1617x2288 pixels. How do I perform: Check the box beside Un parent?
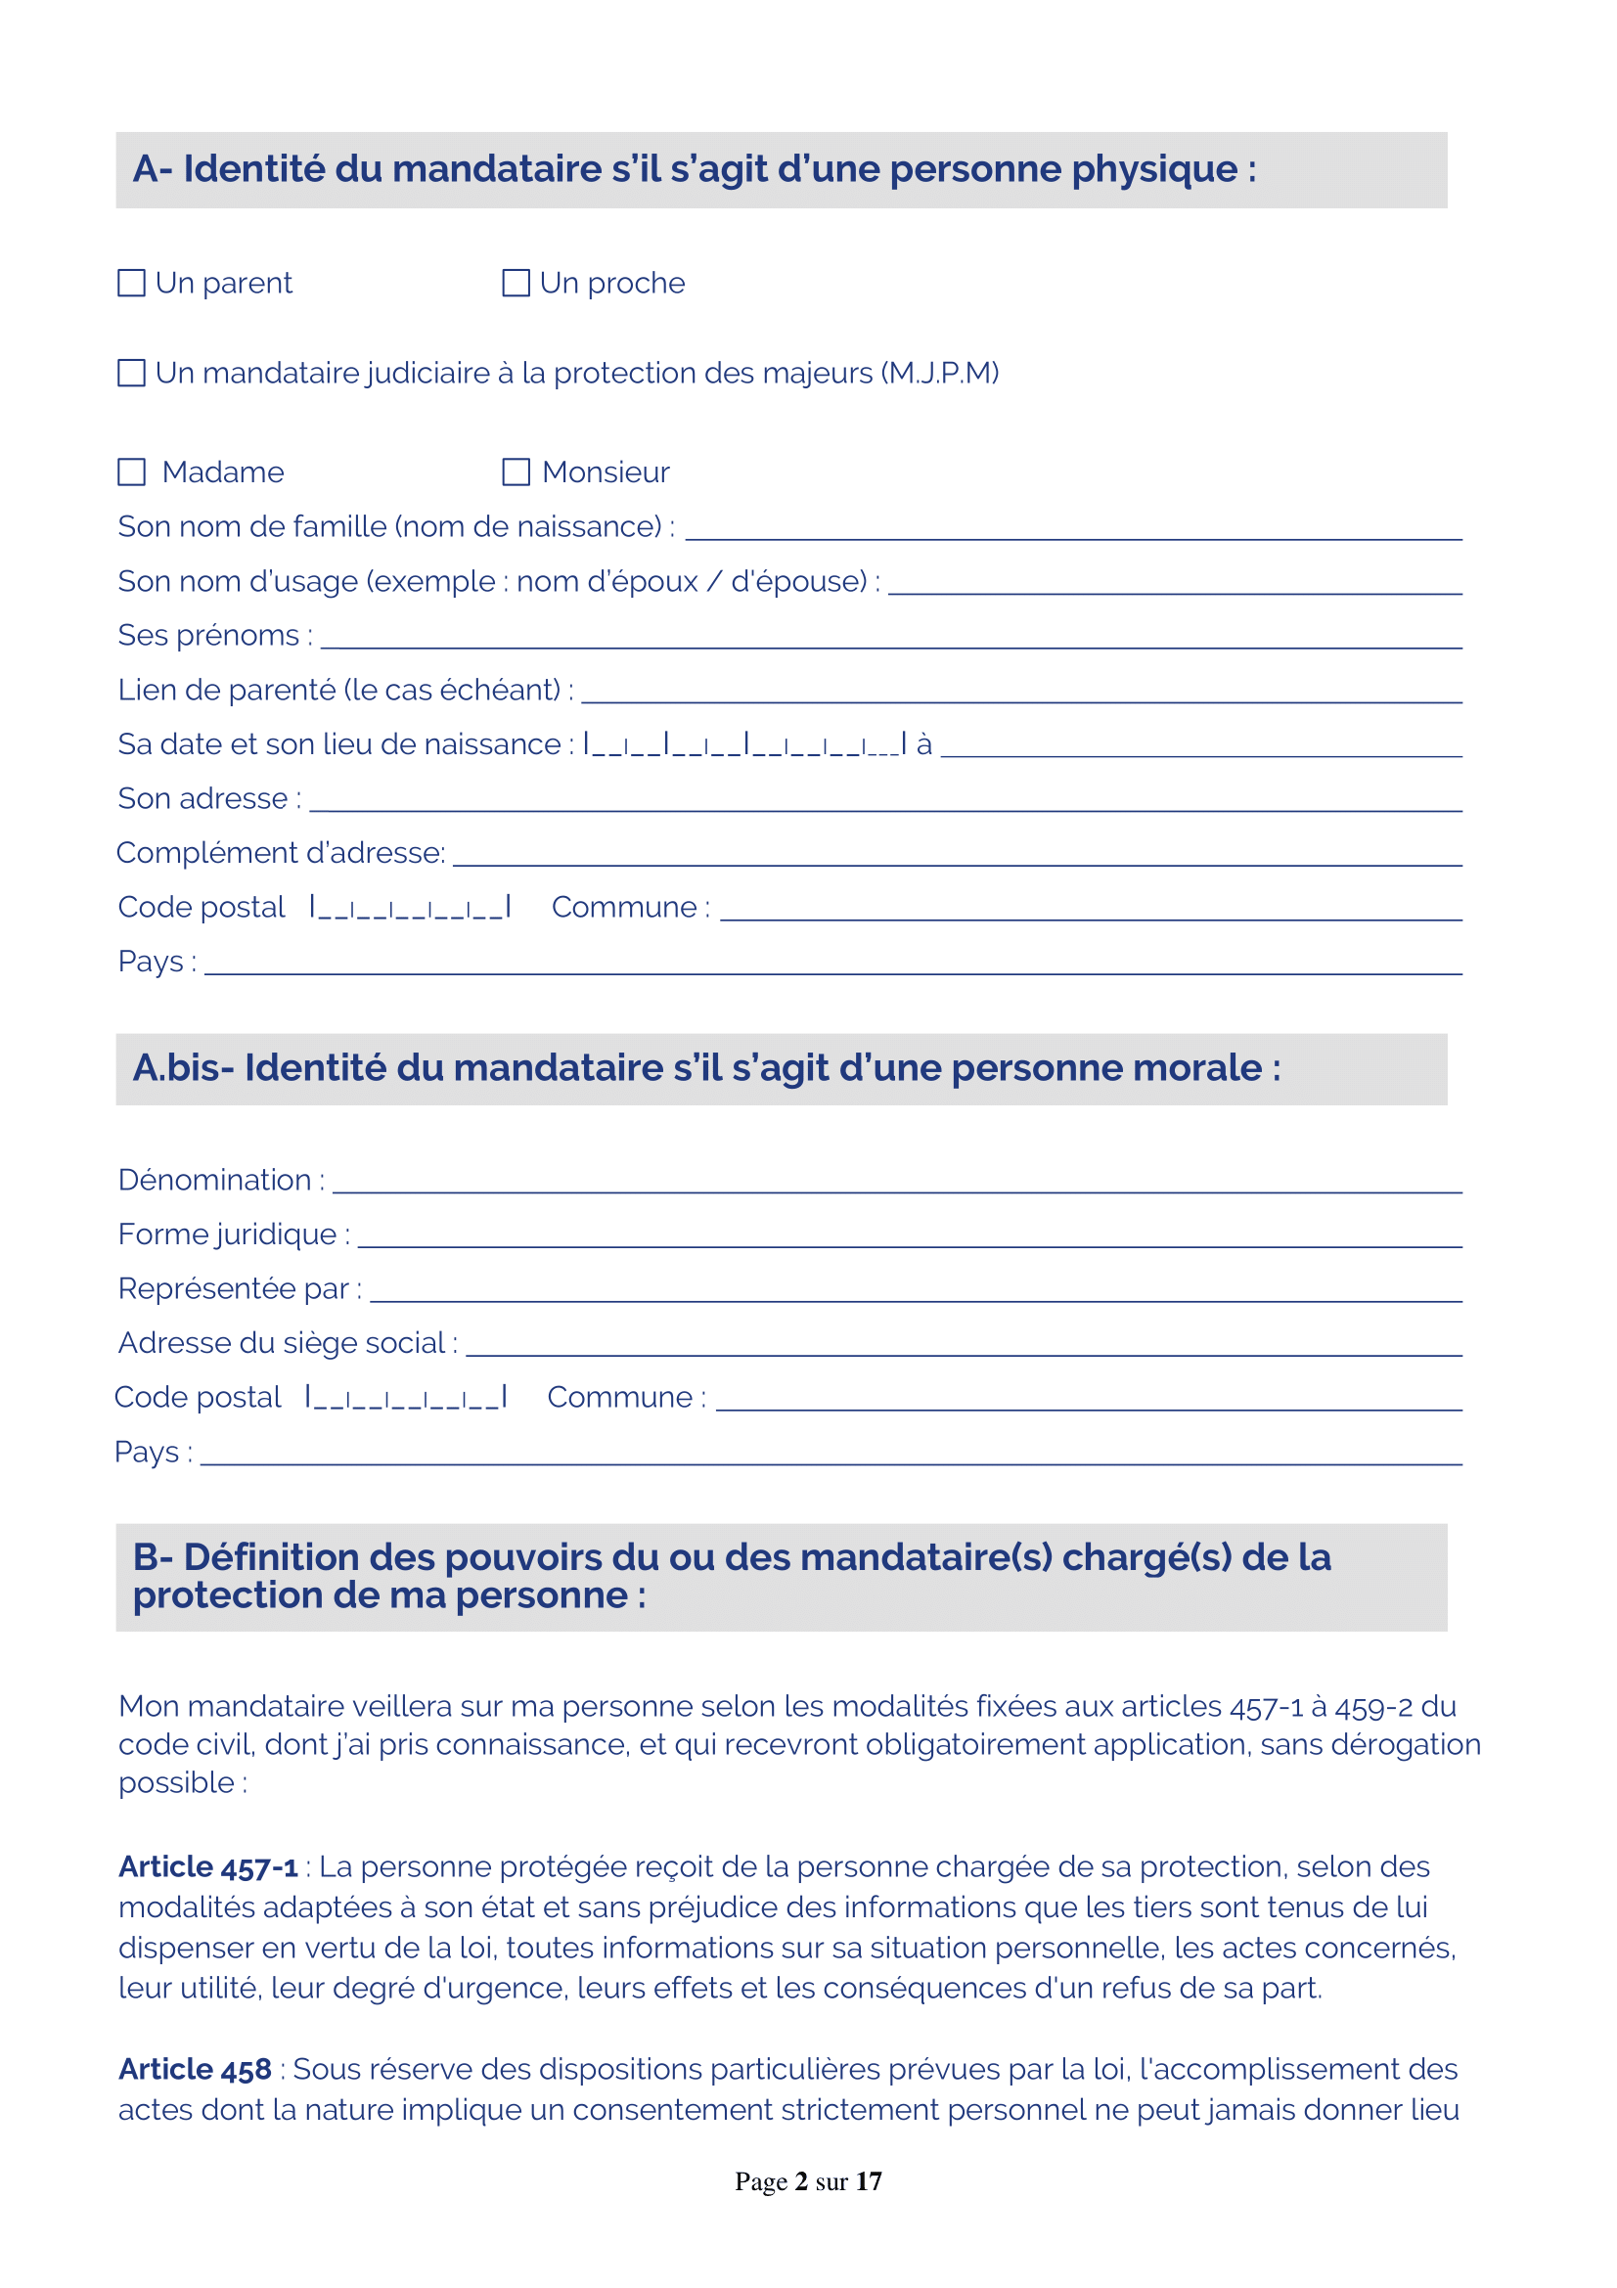point(131,283)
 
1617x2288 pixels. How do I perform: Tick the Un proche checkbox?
point(516,283)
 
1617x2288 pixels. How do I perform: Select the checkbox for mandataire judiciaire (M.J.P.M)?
point(131,373)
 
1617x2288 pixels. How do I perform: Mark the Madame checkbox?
point(131,471)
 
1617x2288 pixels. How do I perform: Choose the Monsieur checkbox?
point(516,471)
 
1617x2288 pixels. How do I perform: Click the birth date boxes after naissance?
point(744,744)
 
